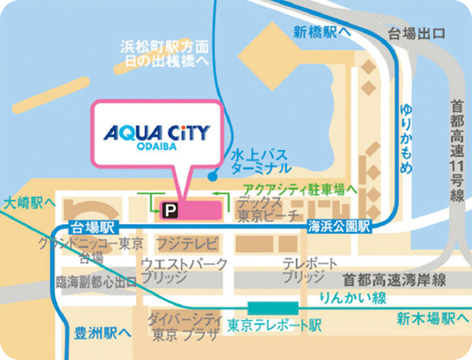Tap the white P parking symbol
[x=169, y=210]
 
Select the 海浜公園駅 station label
[x=342, y=228]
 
